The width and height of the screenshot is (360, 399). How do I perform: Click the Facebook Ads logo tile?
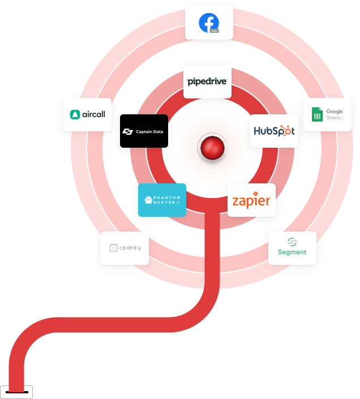click(x=209, y=23)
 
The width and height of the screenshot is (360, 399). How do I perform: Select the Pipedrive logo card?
click(x=207, y=81)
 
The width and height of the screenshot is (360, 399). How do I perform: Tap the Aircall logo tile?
click(x=88, y=114)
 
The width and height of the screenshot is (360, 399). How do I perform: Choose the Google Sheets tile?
click(x=327, y=114)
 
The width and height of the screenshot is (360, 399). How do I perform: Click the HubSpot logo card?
click(x=274, y=131)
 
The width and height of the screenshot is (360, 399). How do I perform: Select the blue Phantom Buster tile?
click(x=162, y=200)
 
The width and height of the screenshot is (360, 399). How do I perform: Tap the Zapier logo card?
click(x=251, y=200)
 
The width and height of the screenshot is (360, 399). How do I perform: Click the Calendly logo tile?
click(x=125, y=248)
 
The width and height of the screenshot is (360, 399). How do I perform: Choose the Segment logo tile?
click(x=292, y=248)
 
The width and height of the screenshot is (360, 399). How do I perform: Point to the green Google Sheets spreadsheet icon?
click(x=318, y=115)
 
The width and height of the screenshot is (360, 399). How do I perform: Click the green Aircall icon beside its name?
click(x=74, y=114)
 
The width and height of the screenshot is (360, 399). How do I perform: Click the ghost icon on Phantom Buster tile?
click(x=148, y=200)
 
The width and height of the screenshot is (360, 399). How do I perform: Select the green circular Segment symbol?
click(x=292, y=242)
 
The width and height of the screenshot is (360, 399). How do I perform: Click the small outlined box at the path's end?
click(x=16, y=392)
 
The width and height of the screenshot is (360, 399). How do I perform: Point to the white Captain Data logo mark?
click(x=127, y=132)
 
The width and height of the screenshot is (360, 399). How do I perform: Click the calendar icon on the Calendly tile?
click(x=113, y=248)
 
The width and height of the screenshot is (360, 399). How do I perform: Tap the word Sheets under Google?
click(x=334, y=118)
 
